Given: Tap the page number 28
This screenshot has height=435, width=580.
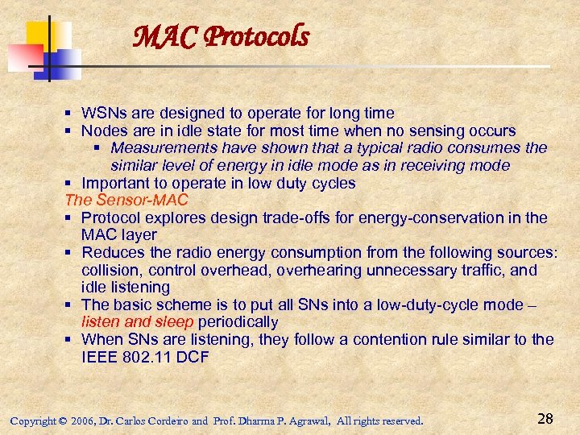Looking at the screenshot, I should [x=545, y=418].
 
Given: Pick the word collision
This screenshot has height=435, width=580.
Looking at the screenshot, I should [x=110, y=270].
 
